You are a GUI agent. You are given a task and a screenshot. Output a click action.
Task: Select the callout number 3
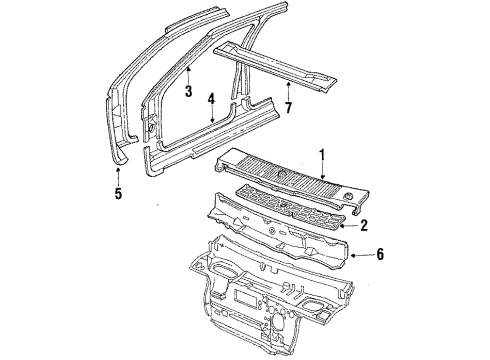tap(187, 90)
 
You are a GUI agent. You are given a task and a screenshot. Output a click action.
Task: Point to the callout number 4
tap(211, 98)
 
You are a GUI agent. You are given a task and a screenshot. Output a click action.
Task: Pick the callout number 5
tap(117, 193)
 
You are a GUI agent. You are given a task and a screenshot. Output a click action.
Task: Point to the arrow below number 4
tap(211, 118)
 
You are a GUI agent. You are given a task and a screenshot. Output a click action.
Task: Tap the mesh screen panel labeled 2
tap(290, 206)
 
